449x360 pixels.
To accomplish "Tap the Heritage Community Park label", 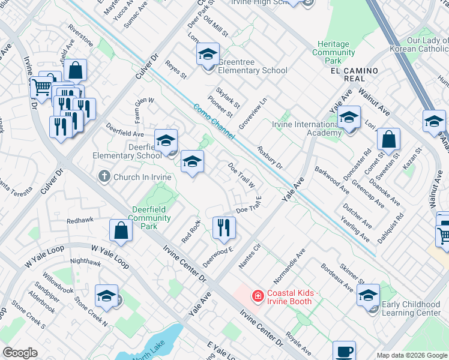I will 334,53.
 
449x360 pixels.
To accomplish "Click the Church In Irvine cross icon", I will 104,176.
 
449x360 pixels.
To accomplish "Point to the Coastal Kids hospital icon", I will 258,296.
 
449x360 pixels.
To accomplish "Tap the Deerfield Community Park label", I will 151,218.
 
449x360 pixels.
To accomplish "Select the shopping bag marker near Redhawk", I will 121,230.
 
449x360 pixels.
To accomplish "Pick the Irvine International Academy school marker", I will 349,118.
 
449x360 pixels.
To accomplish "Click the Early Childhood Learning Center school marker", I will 368,296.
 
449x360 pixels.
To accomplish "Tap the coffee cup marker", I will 344,352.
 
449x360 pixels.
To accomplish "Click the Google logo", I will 20,353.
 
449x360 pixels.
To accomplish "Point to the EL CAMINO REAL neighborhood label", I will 354,71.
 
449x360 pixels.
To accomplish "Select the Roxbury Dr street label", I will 270,157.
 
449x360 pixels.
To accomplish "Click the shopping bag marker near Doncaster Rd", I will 388,140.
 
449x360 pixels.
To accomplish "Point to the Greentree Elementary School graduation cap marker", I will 207,56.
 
